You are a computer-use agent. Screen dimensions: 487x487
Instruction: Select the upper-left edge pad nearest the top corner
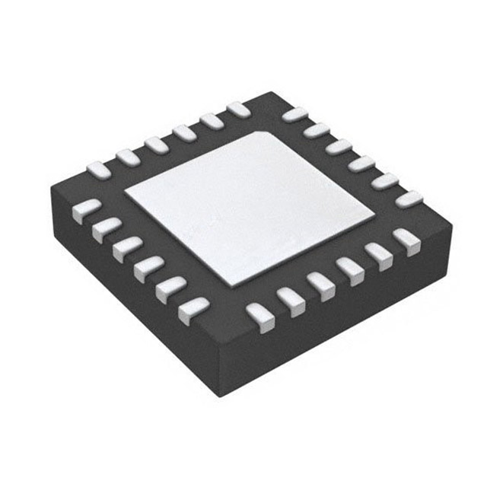(238, 110)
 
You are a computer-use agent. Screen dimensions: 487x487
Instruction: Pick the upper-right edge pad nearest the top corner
(294, 114)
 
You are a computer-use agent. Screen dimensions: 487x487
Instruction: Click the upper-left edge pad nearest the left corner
(99, 167)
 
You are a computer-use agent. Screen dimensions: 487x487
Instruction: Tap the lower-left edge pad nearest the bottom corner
(193, 308)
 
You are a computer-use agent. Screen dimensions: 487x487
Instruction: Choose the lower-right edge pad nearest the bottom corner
(259, 314)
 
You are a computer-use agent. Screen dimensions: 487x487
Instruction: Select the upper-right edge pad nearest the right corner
(409, 199)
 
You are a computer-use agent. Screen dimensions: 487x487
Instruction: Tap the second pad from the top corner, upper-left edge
(211, 121)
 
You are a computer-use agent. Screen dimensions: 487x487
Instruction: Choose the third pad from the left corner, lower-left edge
(127, 247)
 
